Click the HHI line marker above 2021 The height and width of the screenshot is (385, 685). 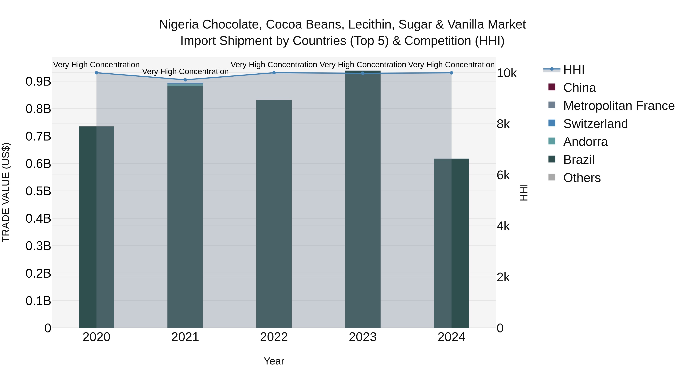click(185, 80)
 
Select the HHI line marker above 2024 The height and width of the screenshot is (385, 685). click(451, 73)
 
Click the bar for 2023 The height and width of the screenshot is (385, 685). click(362, 199)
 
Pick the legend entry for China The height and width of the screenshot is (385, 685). click(579, 88)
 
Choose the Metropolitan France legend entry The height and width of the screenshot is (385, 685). click(619, 106)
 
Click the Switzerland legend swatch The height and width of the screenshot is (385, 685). click(552, 123)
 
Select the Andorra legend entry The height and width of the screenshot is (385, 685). click(585, 142)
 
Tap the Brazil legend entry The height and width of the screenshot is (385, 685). click(578, 160)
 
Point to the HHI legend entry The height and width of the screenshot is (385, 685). click(573, 70)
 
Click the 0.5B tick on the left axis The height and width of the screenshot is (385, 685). click(38, 191)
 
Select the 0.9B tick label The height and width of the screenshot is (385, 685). click(38, 81)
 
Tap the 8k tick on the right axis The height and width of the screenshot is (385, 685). click(503, 124)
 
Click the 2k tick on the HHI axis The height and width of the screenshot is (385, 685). click(503, 277)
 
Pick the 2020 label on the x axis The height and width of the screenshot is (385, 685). click(96, 337)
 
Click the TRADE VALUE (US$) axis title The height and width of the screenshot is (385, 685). click(6, 192)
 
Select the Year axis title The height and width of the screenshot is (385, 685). click(274, 361)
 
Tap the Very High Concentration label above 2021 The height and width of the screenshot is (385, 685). click(185, 71)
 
